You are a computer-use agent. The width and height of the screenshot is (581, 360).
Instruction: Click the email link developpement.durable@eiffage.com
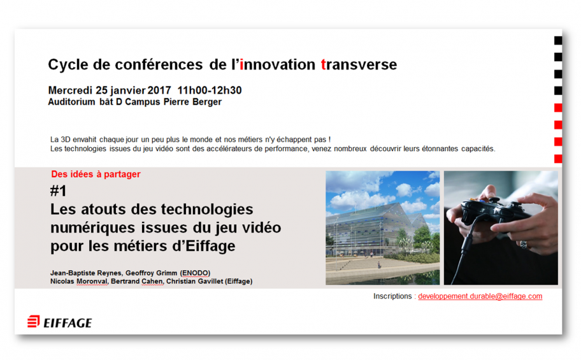480,296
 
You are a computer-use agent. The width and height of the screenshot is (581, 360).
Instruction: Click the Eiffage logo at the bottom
60,322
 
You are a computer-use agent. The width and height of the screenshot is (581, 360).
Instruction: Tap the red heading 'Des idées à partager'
96,174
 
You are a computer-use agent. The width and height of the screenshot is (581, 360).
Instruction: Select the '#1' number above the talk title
58,191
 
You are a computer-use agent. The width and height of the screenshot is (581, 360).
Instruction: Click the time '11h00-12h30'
210,90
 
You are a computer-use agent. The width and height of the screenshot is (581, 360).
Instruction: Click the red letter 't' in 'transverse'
323,64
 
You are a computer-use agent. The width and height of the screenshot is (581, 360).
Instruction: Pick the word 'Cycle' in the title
68,65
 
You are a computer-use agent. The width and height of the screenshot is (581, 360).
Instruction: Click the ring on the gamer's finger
524,244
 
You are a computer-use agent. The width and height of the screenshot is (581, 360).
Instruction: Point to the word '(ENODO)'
196,273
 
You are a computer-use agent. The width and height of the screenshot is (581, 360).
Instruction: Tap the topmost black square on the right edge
558,40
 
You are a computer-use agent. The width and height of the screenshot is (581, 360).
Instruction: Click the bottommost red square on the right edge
558,159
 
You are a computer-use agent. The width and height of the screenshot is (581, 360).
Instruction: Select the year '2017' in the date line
159,90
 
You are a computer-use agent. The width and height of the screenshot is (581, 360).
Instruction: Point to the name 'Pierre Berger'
192,102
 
